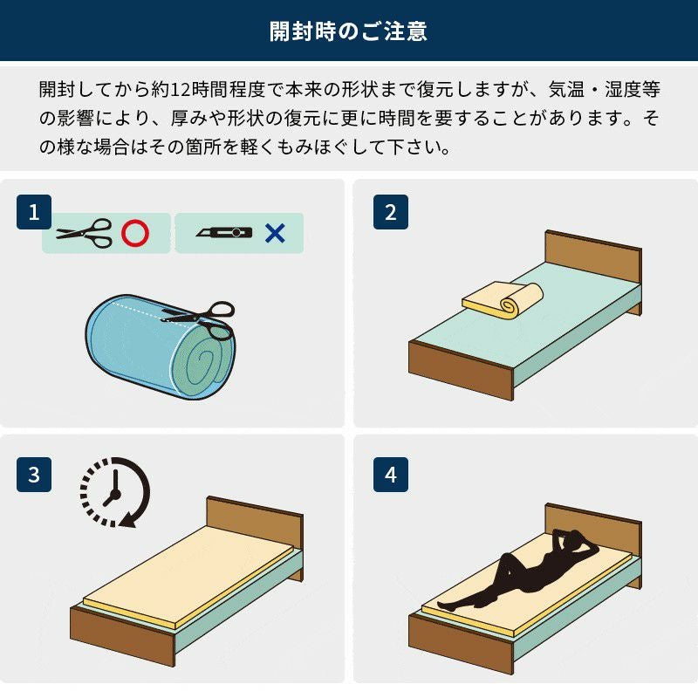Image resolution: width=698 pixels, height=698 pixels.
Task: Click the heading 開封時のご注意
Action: coord(348,32)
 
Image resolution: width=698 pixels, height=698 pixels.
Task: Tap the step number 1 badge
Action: coord(34,212)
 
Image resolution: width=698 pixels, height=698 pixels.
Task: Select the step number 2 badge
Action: coord(390,212)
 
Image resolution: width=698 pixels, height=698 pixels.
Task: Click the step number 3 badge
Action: coord(34,475)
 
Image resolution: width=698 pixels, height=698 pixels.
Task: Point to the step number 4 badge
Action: coord(390,475)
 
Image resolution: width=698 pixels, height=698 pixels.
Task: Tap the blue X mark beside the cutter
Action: coord(275,233)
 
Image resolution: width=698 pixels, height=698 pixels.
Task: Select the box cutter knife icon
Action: coord(224,233)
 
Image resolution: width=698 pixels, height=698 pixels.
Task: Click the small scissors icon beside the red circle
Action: coord(85,233)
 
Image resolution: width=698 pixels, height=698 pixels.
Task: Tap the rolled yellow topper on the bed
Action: coord(503,298)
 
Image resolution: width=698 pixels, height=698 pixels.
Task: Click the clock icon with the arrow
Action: coord(113,492)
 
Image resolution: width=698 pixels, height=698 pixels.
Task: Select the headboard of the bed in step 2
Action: coord(593,261)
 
